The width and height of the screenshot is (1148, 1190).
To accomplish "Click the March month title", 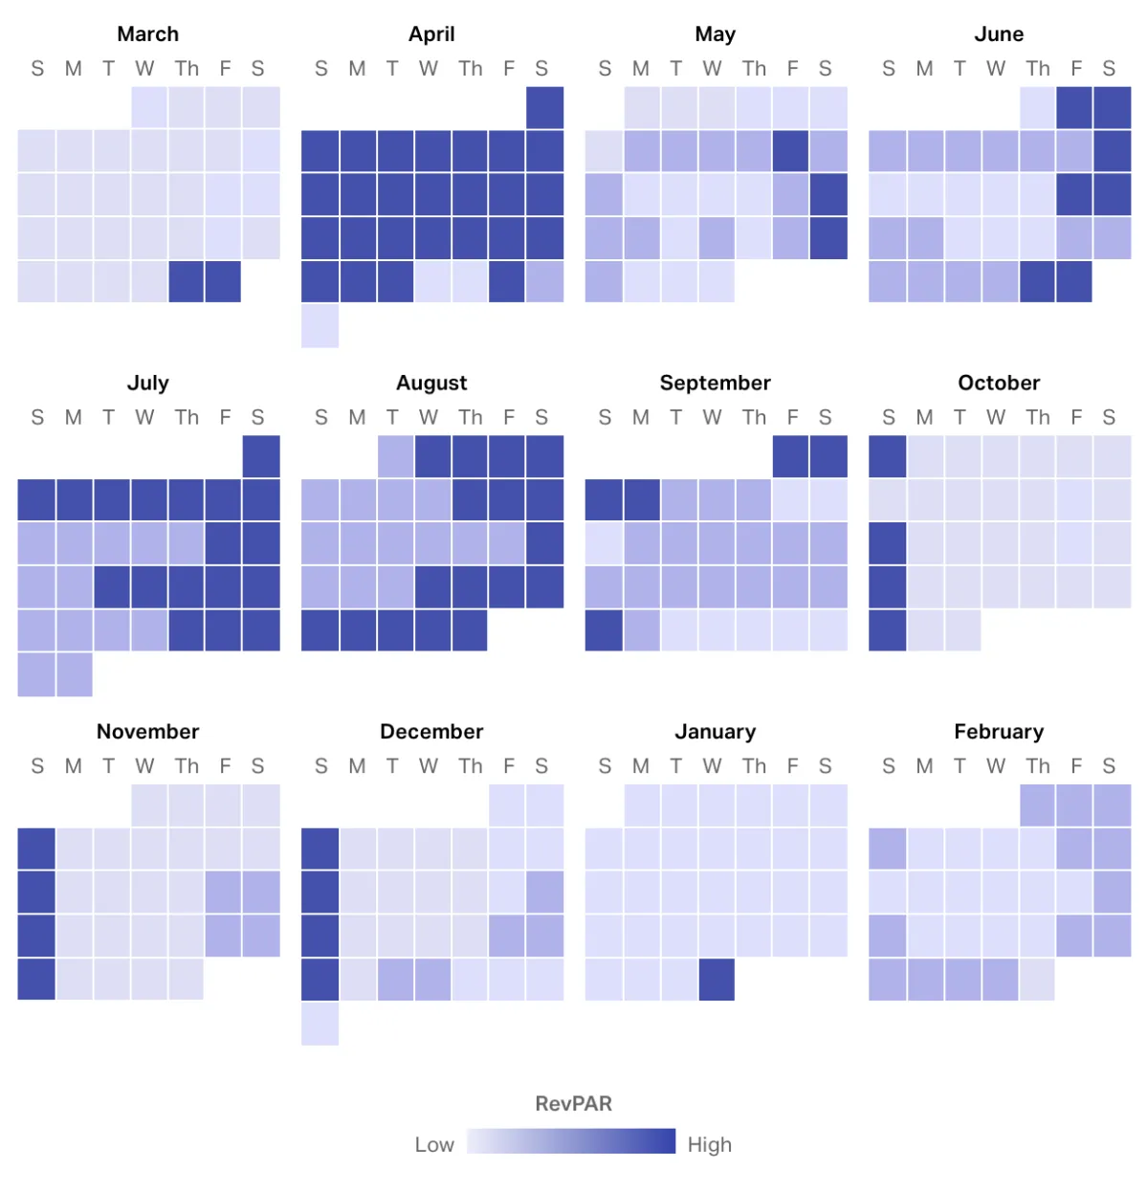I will (x=147, y=34).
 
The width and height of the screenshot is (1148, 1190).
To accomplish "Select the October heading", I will (x=999, y=383).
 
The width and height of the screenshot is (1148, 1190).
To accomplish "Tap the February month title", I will (x=999, y=732).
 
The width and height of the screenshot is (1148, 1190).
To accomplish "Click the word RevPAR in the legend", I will (x=573, y=1104).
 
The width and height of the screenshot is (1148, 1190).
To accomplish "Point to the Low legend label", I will (x=434, y=1145).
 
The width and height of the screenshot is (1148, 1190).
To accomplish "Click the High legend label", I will (x=709, y=1145).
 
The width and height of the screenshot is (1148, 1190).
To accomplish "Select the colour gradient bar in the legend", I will (x=571, y=1141).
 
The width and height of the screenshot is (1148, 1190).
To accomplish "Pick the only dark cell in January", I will (x=717, y=980).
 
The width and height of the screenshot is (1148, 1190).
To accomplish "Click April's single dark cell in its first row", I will (x=544, y=108).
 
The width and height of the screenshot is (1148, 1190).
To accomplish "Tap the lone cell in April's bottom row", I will (x=320, y=325).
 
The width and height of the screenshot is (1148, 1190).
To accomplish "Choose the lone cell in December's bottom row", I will (x=320, y=1024).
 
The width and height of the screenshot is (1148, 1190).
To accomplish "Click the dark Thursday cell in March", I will (x=187, y=281).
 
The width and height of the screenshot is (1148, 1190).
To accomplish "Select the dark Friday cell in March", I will (x=223, y=281).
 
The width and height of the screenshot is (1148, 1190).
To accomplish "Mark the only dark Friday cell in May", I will (x=791, y=151).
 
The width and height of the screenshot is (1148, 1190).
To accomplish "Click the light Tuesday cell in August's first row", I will (x=395, y=456).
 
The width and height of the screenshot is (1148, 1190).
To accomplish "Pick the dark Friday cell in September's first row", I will (x=791, y=456).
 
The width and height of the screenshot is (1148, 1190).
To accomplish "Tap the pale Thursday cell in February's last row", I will (x=1037, y=980).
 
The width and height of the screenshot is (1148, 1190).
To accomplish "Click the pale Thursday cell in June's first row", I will (x=1037, y=108).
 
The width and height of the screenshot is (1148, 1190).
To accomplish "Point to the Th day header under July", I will (x=187, y=417).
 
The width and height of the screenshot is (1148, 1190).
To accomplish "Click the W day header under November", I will (x=144, y=766).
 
